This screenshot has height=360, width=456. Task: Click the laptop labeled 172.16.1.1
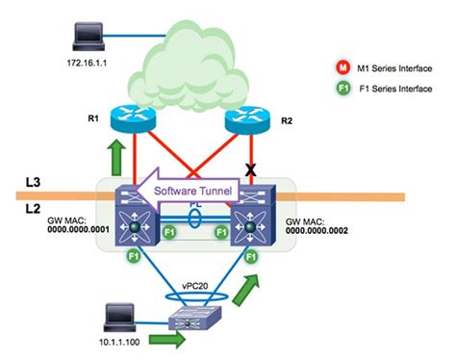click(88, 37)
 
